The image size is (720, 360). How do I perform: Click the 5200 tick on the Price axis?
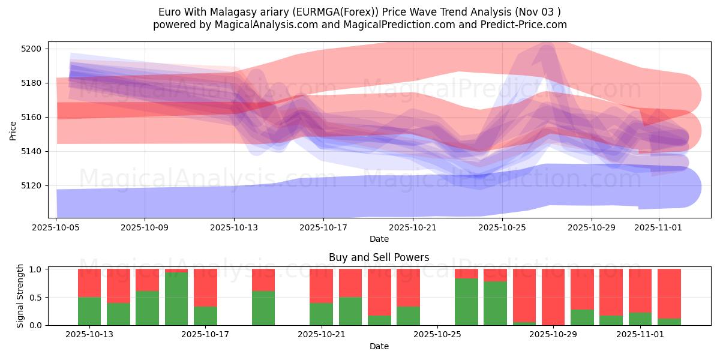pyautogui.click(x=31, y=49)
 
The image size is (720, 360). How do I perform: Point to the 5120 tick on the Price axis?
pyautogui.click(x=31, y=185)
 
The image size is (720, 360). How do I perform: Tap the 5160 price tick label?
pyautogui.click(x=31, y=117)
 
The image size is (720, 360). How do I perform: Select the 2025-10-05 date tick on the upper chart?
pyautogui.click(x=56, y=228)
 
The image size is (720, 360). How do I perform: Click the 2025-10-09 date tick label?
pyautogui.click(x=145, y=228)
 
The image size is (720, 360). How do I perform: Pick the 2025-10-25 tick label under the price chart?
pyautogui.click(x=502, y=228)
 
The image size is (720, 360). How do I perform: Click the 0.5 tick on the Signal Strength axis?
pyautogui.click(x=36, y=297)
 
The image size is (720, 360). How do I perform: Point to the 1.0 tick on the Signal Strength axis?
pyautogui.click(x=36, y=269)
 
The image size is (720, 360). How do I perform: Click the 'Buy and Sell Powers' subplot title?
pyautogui.click(x=379, y=257)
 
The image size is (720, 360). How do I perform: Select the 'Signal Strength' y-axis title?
pyautogui.click(x=20, y=296)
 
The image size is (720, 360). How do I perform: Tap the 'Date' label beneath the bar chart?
pyautogui.click(x=379, y=346)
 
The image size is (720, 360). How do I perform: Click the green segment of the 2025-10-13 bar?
pyautogui.click(x=89, y=311)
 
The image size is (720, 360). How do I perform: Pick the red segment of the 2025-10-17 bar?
pyautogui.click(x=205, y=287)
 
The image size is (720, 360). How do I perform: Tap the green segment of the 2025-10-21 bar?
pyautogui.click(x=321, y=314)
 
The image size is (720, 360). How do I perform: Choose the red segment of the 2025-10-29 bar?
pyautogui.click(x=553, y=296)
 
